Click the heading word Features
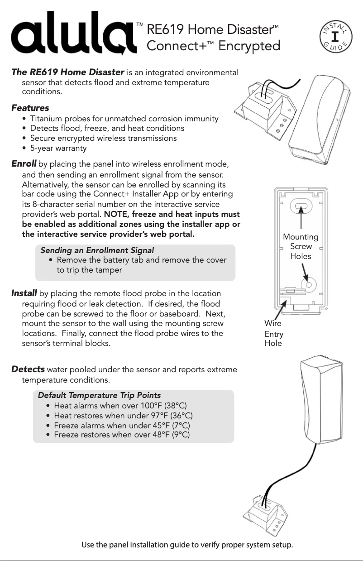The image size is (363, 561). point(30,108)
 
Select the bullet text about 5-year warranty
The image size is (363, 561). point(58,148)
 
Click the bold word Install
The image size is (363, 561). point(24,294)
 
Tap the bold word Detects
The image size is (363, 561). point(28,369)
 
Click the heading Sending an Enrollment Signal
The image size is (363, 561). point(97,250)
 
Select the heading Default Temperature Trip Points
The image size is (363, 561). point(99,395)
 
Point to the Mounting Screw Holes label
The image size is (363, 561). point(301,246)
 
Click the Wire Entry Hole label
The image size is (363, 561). point(274,333)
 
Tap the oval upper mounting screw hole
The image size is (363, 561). point(301,207)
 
